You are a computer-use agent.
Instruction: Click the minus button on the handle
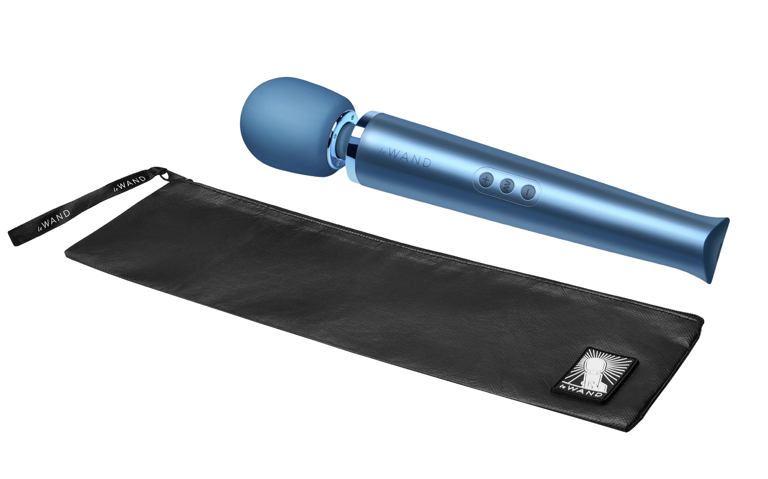click(x=527, y=192)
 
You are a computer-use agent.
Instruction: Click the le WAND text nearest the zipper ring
click(x=129, y=184)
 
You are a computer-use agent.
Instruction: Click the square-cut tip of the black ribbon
click(x=13, y=239)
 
